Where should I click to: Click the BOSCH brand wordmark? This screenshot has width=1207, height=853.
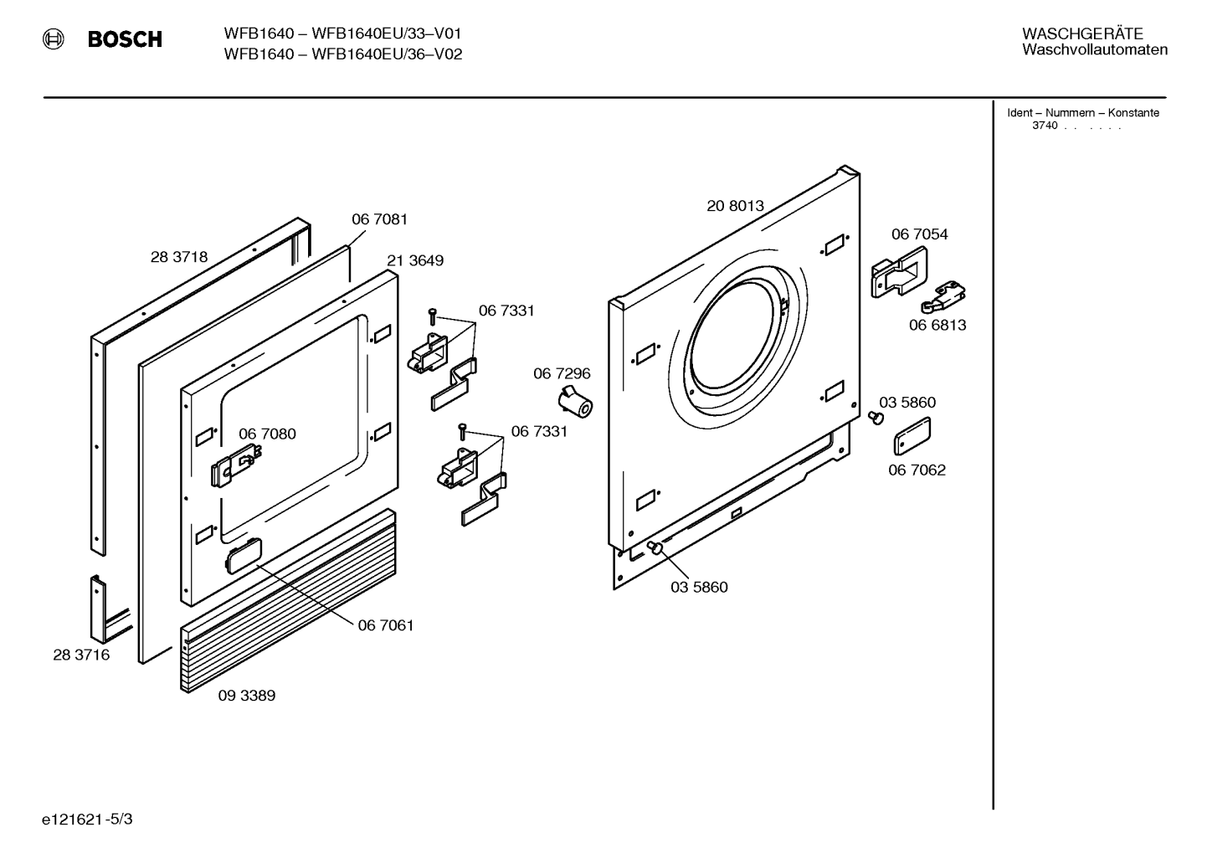tap(125, 39)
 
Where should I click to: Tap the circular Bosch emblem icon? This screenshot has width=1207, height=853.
tap(54, 39)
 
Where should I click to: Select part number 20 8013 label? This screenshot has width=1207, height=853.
tap(735, 206)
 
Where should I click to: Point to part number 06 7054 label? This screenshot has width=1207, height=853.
tap(919, 234)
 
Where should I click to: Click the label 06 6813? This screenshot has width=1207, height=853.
tap(937, 326)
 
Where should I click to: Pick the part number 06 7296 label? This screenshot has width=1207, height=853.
tap(562, 373)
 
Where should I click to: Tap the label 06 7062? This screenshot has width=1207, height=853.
tap(917, 470)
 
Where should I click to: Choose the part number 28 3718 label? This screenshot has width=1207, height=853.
tap(179, 257)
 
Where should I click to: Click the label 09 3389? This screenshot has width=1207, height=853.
tap(246, 696)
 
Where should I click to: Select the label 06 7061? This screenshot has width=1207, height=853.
tap(386, 625)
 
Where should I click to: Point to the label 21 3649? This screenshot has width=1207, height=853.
tap(415, 261)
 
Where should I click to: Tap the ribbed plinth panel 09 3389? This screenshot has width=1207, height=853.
tap(288, 601)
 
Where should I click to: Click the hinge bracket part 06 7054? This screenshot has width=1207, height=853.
tap(899, 272)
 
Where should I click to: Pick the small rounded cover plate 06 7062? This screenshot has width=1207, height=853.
tap(912, 436)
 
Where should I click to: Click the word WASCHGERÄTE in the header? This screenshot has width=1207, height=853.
tap(1082, 34)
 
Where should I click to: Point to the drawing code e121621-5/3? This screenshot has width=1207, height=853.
tap(87, 820)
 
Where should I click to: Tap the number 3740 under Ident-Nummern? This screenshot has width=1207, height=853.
tap(1045, 126)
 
